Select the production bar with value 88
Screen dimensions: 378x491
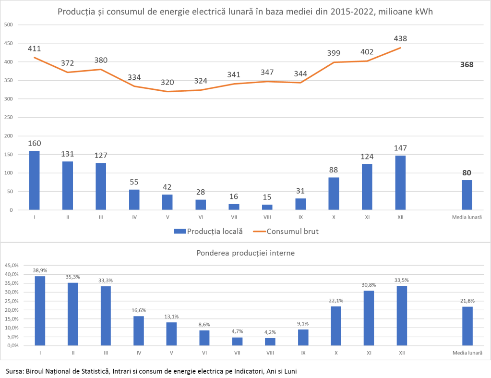point(334,194)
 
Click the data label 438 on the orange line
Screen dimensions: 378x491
point(400,38)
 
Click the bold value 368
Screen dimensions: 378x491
point(466,64)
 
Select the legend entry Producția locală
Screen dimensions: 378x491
point(208,231)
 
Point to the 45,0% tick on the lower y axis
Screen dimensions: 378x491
point(12,265)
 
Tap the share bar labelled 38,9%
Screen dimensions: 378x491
point(40,311)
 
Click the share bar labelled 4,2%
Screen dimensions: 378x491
point(270,341)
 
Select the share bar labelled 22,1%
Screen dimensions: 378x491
point(336,326)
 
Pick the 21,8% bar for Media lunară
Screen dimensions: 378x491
point(467,326)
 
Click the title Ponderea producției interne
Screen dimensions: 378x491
point(245,252)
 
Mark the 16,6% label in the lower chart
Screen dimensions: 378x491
point(139,310)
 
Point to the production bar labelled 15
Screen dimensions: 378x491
point(267,207)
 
